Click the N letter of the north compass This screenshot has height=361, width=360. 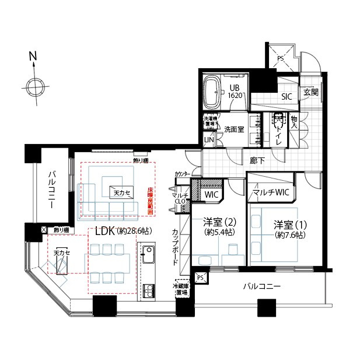click(33, 58)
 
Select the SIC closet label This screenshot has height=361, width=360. click(286, 97)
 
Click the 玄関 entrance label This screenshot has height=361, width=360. click(310, 93)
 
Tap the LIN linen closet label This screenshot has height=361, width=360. click(209, 140)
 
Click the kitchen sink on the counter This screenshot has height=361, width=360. click(147, 255)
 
